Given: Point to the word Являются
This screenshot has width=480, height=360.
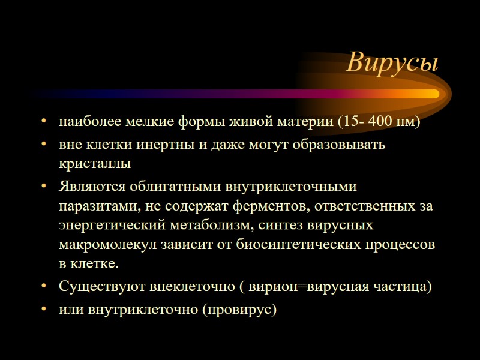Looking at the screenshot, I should coord(87,186).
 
